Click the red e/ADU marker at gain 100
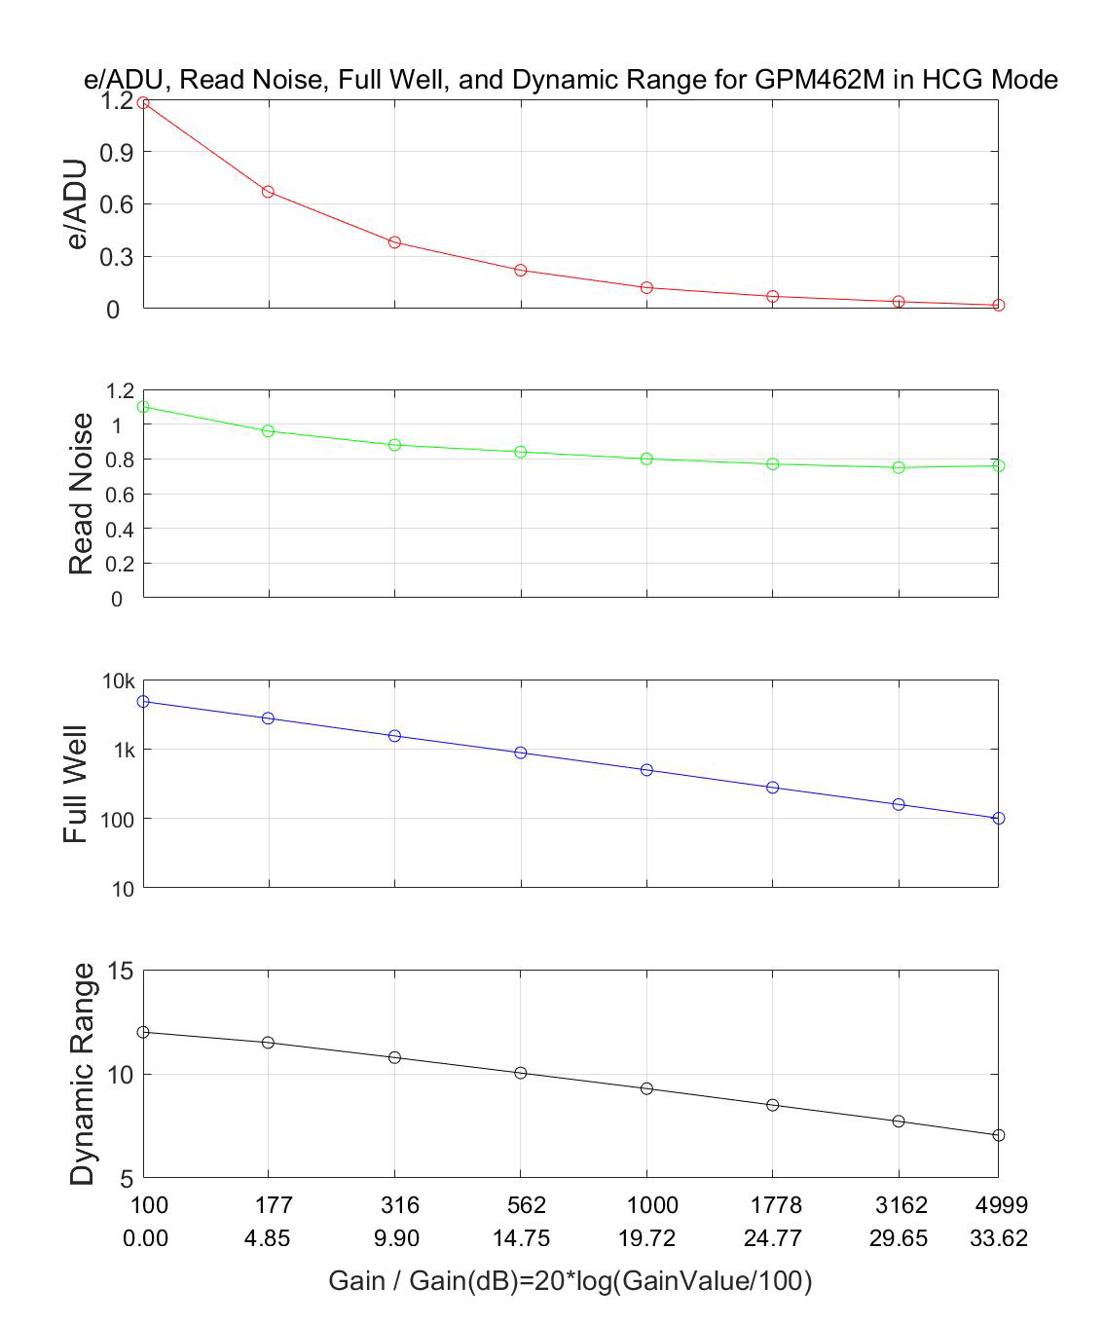point(143,102)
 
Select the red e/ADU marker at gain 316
point(394,241)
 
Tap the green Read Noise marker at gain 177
point(268,430)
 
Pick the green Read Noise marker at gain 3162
point(899,467)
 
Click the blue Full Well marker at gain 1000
point(646,770)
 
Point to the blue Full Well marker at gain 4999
point(998,819)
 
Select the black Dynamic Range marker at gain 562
point(521,1073)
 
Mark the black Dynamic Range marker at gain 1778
point(773,1105)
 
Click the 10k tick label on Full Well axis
point(118,681)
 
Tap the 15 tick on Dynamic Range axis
point(120,972)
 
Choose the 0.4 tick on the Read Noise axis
point(116,530)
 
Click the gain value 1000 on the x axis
point(651,1205)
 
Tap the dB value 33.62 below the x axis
point(998,1238)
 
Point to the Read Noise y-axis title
point(82,494)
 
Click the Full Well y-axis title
point(76,785)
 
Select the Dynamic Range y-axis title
point(83,1074)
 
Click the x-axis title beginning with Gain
point(570,1281)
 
